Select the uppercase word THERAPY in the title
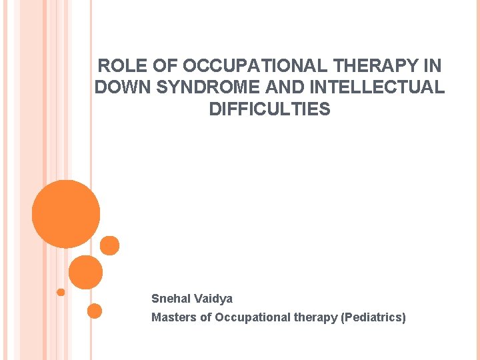pos(377,67)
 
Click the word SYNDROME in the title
pos(207,87)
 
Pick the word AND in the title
pos(283,87)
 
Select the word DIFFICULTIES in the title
pos(269,109)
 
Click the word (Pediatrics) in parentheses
pos(373,317)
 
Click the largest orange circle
pos(66,214)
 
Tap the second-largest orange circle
pos(85,272)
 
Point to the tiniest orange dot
pos(61,292)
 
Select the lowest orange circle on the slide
pos(95,311)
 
